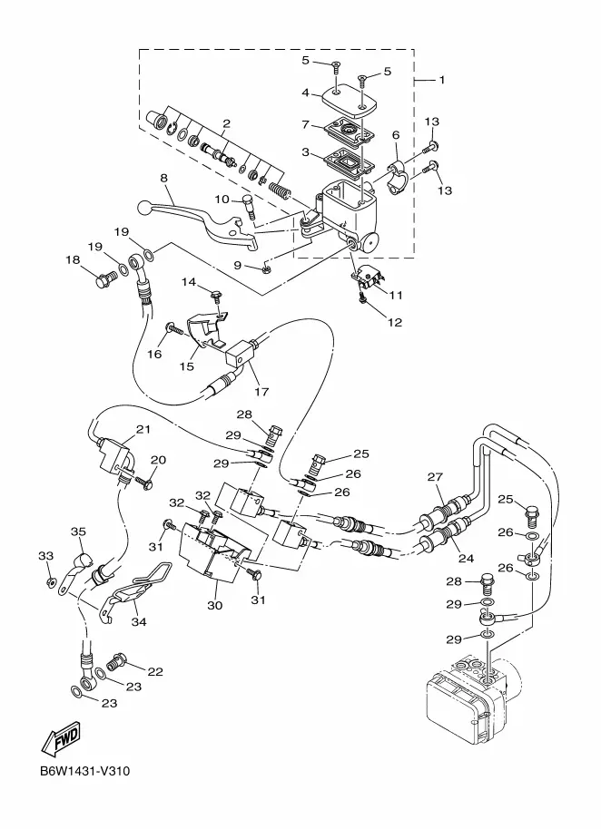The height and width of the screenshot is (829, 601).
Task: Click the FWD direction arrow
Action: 61,736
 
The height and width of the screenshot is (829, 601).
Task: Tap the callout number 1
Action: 442,80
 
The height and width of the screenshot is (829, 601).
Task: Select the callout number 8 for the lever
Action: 164,178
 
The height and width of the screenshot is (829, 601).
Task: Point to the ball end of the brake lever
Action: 144,207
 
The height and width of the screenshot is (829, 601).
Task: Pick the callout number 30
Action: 215,605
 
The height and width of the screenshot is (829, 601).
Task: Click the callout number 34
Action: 139,622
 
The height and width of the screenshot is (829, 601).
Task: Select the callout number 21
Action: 143,429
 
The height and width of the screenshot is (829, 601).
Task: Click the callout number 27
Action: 435,477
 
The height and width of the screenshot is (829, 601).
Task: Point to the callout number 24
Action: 467,559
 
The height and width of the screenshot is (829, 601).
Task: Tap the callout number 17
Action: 261,392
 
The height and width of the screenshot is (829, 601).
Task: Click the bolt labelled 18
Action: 107,278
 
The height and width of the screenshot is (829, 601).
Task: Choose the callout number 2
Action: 226,123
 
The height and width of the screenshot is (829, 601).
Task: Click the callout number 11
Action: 396,295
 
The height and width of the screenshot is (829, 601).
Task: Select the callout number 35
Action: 78,532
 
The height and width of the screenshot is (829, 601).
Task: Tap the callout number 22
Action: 155,672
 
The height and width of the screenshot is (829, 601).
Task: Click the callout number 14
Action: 189,282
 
